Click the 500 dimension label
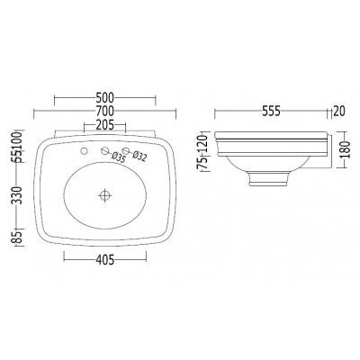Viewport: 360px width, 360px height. (105, 97)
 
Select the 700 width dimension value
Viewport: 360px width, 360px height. (105, 111)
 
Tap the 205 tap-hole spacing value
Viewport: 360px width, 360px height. (104, 125)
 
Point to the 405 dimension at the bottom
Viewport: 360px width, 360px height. (105, 260)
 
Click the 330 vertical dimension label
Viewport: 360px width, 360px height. (18, 195)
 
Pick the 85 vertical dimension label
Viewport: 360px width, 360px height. (18, 237)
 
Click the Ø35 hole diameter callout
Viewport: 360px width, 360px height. (118, 158)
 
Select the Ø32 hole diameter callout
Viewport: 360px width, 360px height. (139, 157)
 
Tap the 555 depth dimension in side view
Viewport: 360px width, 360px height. (271, 111)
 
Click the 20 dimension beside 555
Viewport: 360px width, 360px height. (339, 111)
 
